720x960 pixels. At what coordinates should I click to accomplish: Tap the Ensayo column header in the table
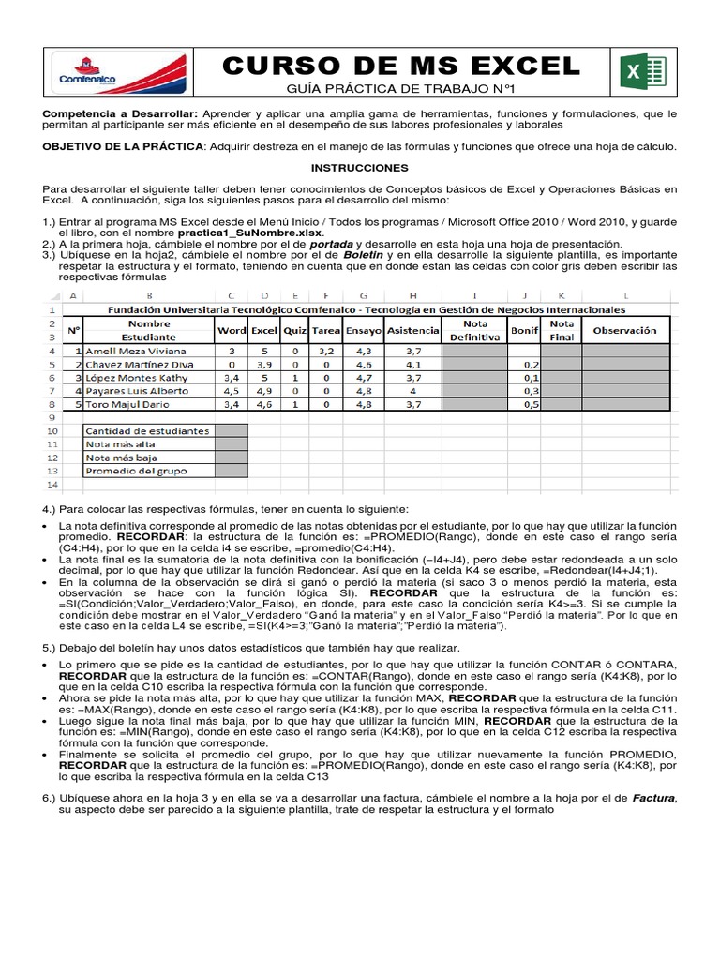coord(364,330)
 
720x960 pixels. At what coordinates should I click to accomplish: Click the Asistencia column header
coord(412,330)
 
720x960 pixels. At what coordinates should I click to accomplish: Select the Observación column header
coord(625,330)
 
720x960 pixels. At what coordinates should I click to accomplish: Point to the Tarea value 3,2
coord(326,351)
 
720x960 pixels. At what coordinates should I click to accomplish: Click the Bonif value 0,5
coord(531,404)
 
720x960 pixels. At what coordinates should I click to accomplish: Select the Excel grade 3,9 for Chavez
coord(265,364)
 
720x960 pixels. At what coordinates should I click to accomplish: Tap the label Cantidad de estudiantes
coord(147,430)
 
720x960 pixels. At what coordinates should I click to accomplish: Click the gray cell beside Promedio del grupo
coord(232,471)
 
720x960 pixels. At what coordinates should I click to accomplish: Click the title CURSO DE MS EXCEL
coord(401,66)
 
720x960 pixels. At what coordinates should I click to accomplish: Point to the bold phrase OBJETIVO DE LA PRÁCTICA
coord(123,146)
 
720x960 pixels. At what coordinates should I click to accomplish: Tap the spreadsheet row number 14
coord(52,484)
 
